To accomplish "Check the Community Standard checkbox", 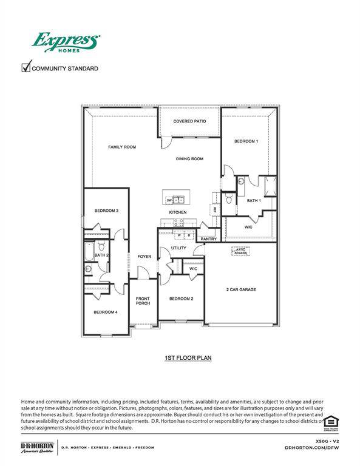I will (26, 67).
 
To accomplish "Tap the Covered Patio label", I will (189, 121).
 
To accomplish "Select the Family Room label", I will (121, 147).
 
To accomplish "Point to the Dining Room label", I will (189, 159).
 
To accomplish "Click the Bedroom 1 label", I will (246, 141).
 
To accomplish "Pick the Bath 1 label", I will (254, 200).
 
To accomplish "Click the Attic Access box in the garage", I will (241, 251).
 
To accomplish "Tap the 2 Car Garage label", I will (240, 289).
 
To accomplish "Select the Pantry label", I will (209, 238).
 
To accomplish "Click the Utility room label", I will (178, 248).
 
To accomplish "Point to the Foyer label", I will (144, 257).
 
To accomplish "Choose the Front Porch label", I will (143, 300).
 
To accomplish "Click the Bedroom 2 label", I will (181, 299).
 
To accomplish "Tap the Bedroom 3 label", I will (106, 211).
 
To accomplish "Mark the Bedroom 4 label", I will (105, 312).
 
